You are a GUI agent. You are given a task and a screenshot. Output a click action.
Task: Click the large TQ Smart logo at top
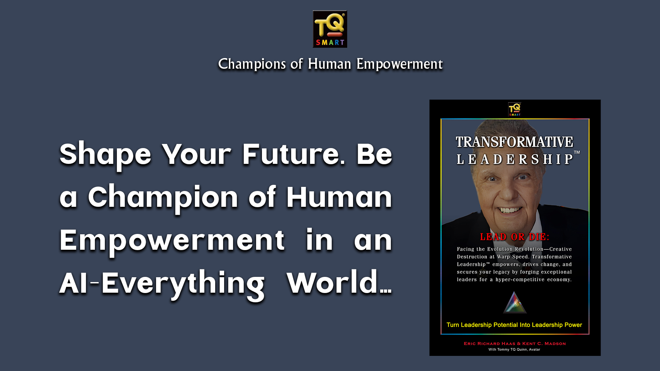click(x=330, y=29)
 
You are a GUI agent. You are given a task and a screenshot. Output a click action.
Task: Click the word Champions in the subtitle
click(x=252, y=64)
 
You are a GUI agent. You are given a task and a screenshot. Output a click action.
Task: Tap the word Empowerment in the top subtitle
click(x=399, y=64)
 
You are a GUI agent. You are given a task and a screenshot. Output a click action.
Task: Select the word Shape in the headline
click(x=105, y=155)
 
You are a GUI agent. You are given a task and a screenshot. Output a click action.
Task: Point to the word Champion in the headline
click(x=163, y=198)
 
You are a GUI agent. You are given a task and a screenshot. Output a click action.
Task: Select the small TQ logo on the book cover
click(x=515, y=109)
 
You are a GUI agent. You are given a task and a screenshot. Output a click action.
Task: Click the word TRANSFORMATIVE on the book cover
click(x=514, y=142)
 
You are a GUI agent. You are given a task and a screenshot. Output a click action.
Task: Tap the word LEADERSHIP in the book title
click(x=514, y=159)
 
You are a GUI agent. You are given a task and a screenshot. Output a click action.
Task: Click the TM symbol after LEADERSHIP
click(x=577, y=152)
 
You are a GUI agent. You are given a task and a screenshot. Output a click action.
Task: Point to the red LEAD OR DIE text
click(x=515, y=237)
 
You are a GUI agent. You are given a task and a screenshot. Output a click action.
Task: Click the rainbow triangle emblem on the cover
click(x=515, y=303)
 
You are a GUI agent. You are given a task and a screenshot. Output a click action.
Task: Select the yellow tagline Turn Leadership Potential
click(x=514, y=325)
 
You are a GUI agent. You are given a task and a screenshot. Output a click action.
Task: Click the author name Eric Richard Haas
click(x=489, y=344)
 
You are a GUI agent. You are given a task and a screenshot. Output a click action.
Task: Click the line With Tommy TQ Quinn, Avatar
click(x=514, y=350)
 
